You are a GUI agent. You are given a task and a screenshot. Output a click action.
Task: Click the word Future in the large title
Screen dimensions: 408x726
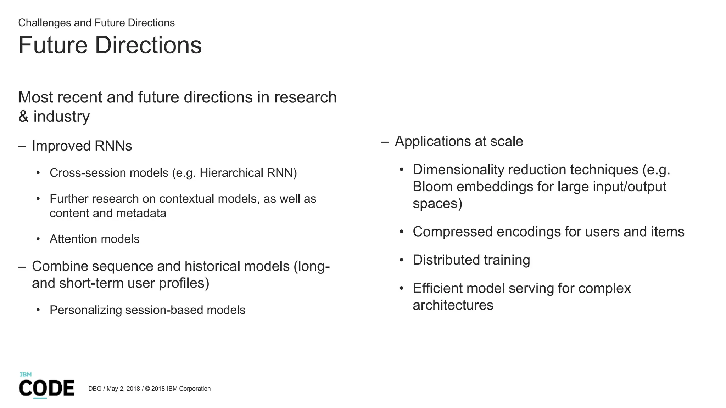[53, 45]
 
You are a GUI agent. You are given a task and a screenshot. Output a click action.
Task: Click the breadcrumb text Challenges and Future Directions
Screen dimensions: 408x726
[96, 23]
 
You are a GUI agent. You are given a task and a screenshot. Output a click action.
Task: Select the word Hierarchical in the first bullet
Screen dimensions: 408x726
[231, 173]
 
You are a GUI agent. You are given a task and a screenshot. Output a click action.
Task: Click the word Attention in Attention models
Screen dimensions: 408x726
[73, 239]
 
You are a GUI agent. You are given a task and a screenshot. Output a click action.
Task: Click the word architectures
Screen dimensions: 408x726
[453, 305]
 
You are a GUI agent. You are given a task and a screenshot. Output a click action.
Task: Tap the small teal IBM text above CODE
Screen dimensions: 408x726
[26, 374]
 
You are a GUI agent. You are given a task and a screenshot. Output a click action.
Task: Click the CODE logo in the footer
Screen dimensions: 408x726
[47, 388]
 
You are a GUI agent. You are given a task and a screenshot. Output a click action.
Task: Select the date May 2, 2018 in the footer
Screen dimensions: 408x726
[123, 389]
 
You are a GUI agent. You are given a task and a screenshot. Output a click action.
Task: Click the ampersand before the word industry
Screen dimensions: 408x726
[23, 117]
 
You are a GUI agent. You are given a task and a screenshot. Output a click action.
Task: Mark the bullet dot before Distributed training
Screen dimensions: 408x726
[401, 260]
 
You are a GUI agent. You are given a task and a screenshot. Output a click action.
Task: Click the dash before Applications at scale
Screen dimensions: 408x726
[385, 142]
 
